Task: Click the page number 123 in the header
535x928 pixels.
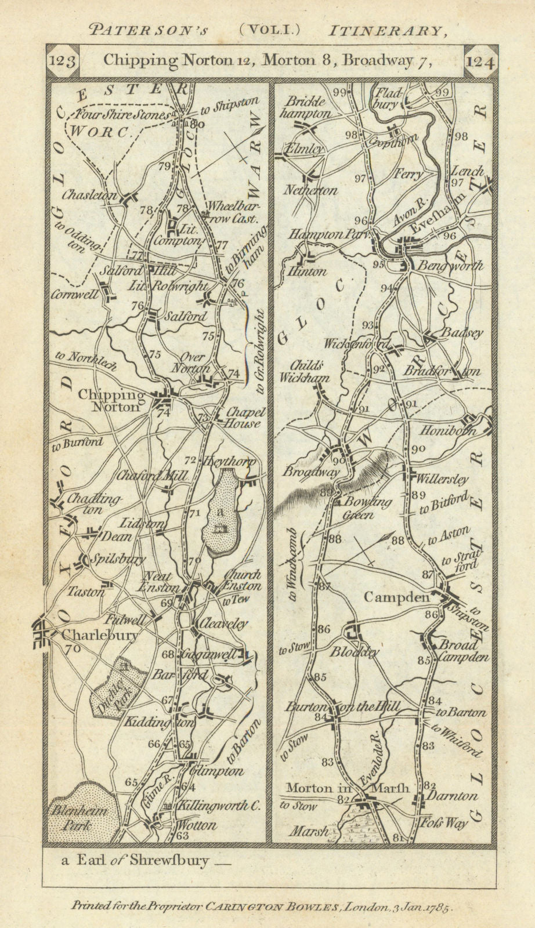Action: (x=63, y=61)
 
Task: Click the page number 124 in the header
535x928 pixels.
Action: (x=480, y=62)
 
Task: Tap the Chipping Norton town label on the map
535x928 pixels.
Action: (x=110, y=401)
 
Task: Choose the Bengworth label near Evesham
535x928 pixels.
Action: (x=457, y=266)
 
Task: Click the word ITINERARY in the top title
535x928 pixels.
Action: (x=409, y=30)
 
